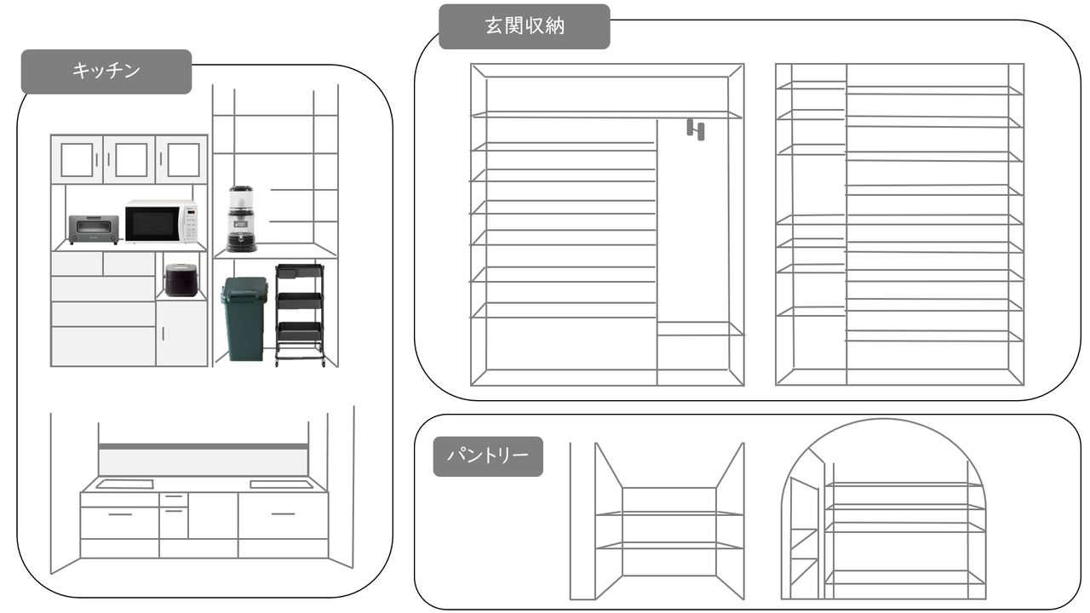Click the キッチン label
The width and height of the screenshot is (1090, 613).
point(106,72)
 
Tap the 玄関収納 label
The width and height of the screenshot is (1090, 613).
point(525,26)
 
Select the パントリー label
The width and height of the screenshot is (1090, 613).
point(488,456)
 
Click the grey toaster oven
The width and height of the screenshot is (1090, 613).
point(94,229)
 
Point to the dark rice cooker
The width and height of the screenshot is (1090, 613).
point(181,279)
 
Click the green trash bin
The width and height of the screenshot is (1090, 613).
point(244,320)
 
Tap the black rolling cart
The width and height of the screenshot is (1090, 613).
point(300,315)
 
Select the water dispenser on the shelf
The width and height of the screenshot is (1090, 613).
point(241,219)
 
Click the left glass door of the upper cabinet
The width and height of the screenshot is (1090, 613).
point(77,159)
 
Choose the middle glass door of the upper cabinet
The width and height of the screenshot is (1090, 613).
point(129,159)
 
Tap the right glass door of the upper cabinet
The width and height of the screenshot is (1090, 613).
point(182,159)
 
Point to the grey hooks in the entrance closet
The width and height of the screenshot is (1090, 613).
point(696,129)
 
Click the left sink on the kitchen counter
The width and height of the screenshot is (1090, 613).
point(124,484)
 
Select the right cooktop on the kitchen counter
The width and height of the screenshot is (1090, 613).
point(280,484)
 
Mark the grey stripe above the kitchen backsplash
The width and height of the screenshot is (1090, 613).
point(203,446)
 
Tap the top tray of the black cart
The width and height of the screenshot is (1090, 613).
point(300,273)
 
